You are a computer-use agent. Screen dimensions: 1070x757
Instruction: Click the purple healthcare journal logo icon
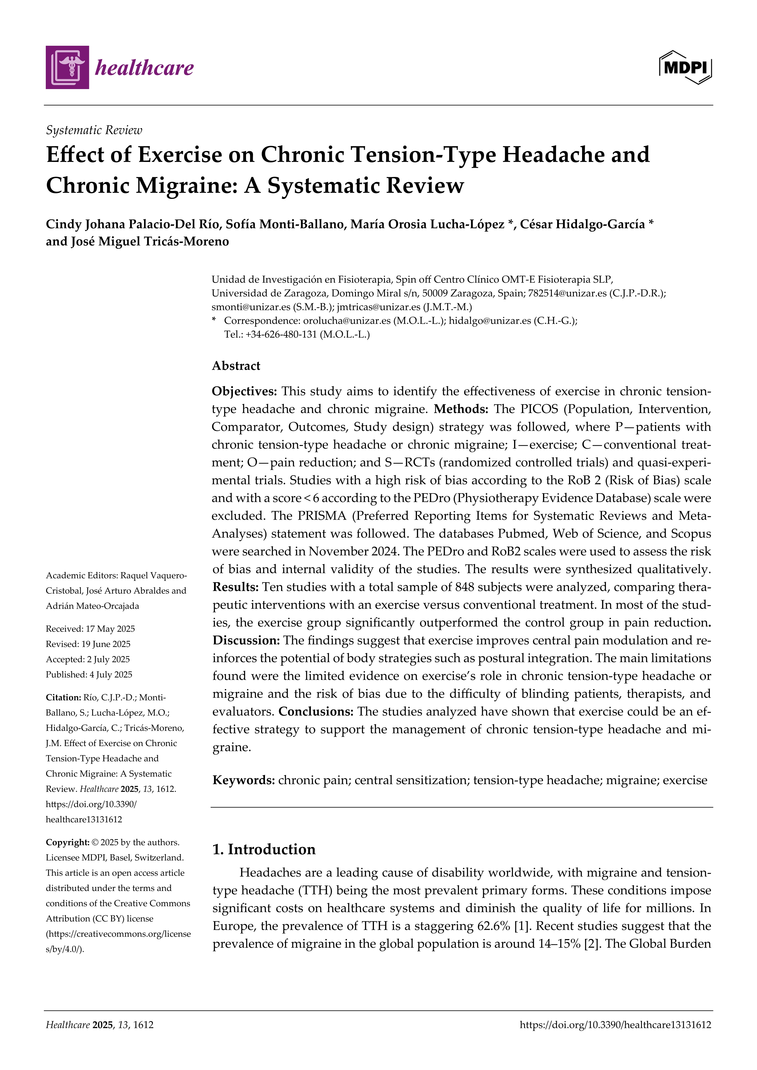67,68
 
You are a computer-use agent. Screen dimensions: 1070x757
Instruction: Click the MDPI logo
685,68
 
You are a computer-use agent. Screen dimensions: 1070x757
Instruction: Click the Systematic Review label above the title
94,130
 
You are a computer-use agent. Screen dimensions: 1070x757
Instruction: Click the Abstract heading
236,366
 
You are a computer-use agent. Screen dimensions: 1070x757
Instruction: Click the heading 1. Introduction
264,849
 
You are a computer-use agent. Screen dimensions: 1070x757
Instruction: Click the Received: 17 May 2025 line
90,629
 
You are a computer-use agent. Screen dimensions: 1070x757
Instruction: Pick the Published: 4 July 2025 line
89,674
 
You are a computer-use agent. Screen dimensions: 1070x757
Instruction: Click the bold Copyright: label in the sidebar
67,842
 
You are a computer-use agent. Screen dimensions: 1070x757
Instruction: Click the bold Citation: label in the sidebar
63,697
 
